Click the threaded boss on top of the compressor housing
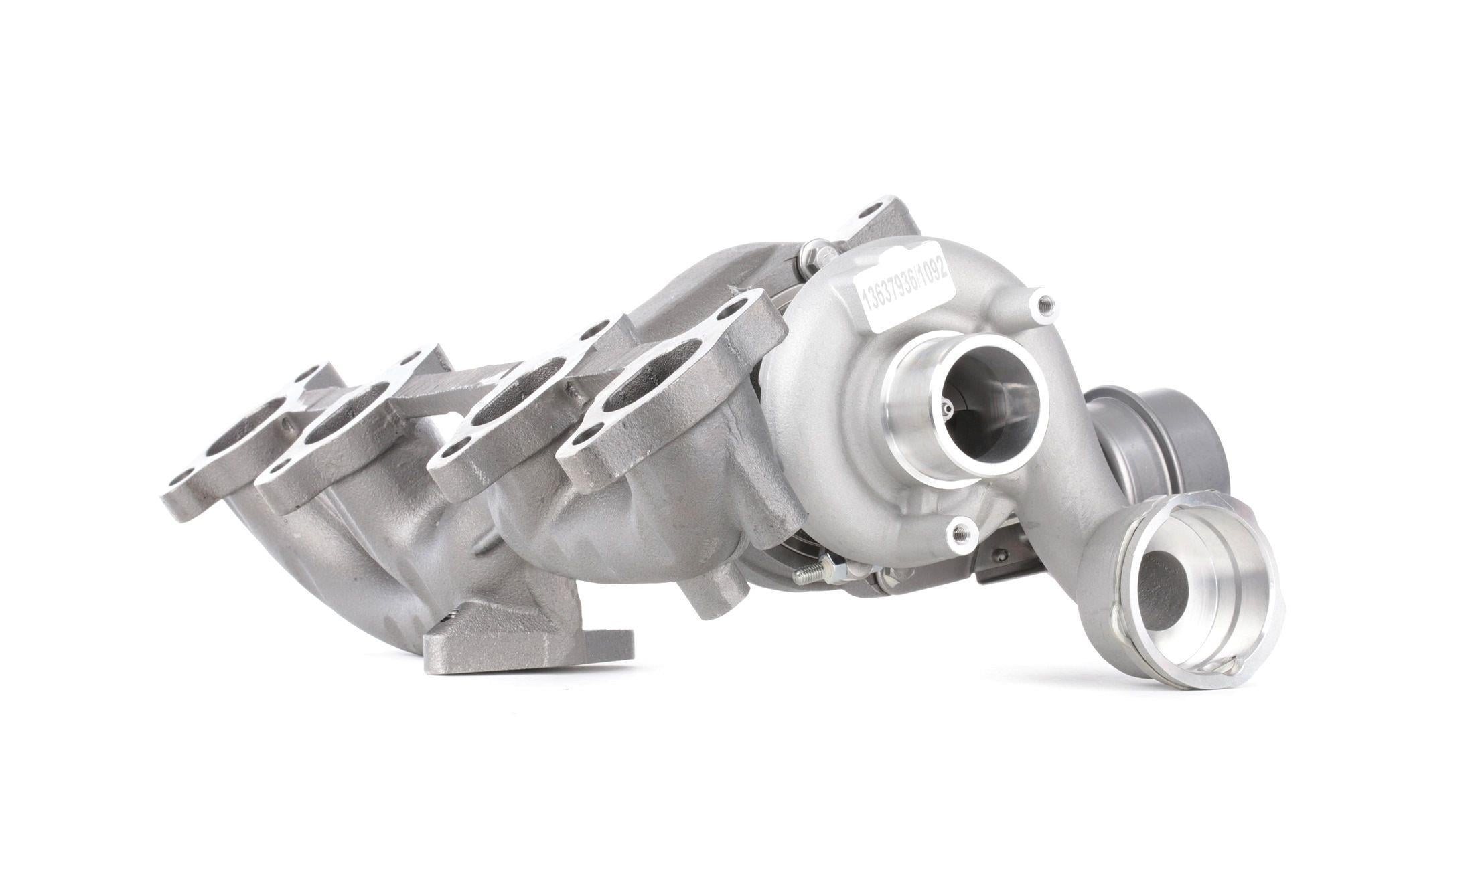1041,306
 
